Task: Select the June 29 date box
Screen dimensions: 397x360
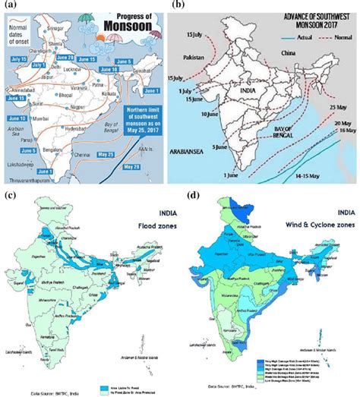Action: [x=87, y=57]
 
